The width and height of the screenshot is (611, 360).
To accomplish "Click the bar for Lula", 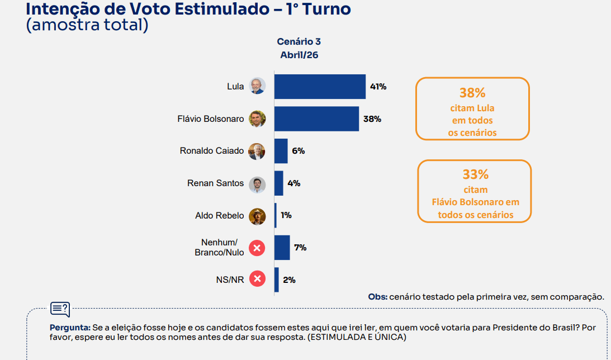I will (320, 87).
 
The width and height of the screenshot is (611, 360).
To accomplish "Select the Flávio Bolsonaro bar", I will (316, 119).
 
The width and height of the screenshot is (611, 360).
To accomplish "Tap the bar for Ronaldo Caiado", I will (281, 151).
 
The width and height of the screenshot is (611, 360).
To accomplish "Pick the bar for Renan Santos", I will (279, 183).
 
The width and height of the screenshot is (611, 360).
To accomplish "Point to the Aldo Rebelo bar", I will (276, 215).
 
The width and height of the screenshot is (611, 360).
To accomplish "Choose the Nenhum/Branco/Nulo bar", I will (282, 248).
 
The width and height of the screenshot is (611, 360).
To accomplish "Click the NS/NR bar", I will (277, 280).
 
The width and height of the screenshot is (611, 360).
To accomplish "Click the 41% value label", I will (378, 87).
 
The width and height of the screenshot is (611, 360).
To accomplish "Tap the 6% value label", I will (298, 151).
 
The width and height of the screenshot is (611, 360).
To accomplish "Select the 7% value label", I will (300, 248).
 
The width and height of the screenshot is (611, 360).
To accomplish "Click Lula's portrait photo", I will (257, 86).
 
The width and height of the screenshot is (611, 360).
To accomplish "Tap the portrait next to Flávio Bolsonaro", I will (257, 119).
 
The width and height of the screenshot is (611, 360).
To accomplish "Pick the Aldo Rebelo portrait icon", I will (257, 216).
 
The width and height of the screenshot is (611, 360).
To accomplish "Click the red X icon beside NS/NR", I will (257, 278).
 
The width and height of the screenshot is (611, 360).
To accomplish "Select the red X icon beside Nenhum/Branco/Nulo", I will (257, 247).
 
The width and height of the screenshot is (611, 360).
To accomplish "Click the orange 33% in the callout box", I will (475, 174).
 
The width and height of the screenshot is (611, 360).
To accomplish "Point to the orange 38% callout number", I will (472, 93).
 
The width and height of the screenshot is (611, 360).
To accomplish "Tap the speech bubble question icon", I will (60, 309).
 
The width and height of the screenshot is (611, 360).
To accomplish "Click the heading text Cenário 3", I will (299, 42).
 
